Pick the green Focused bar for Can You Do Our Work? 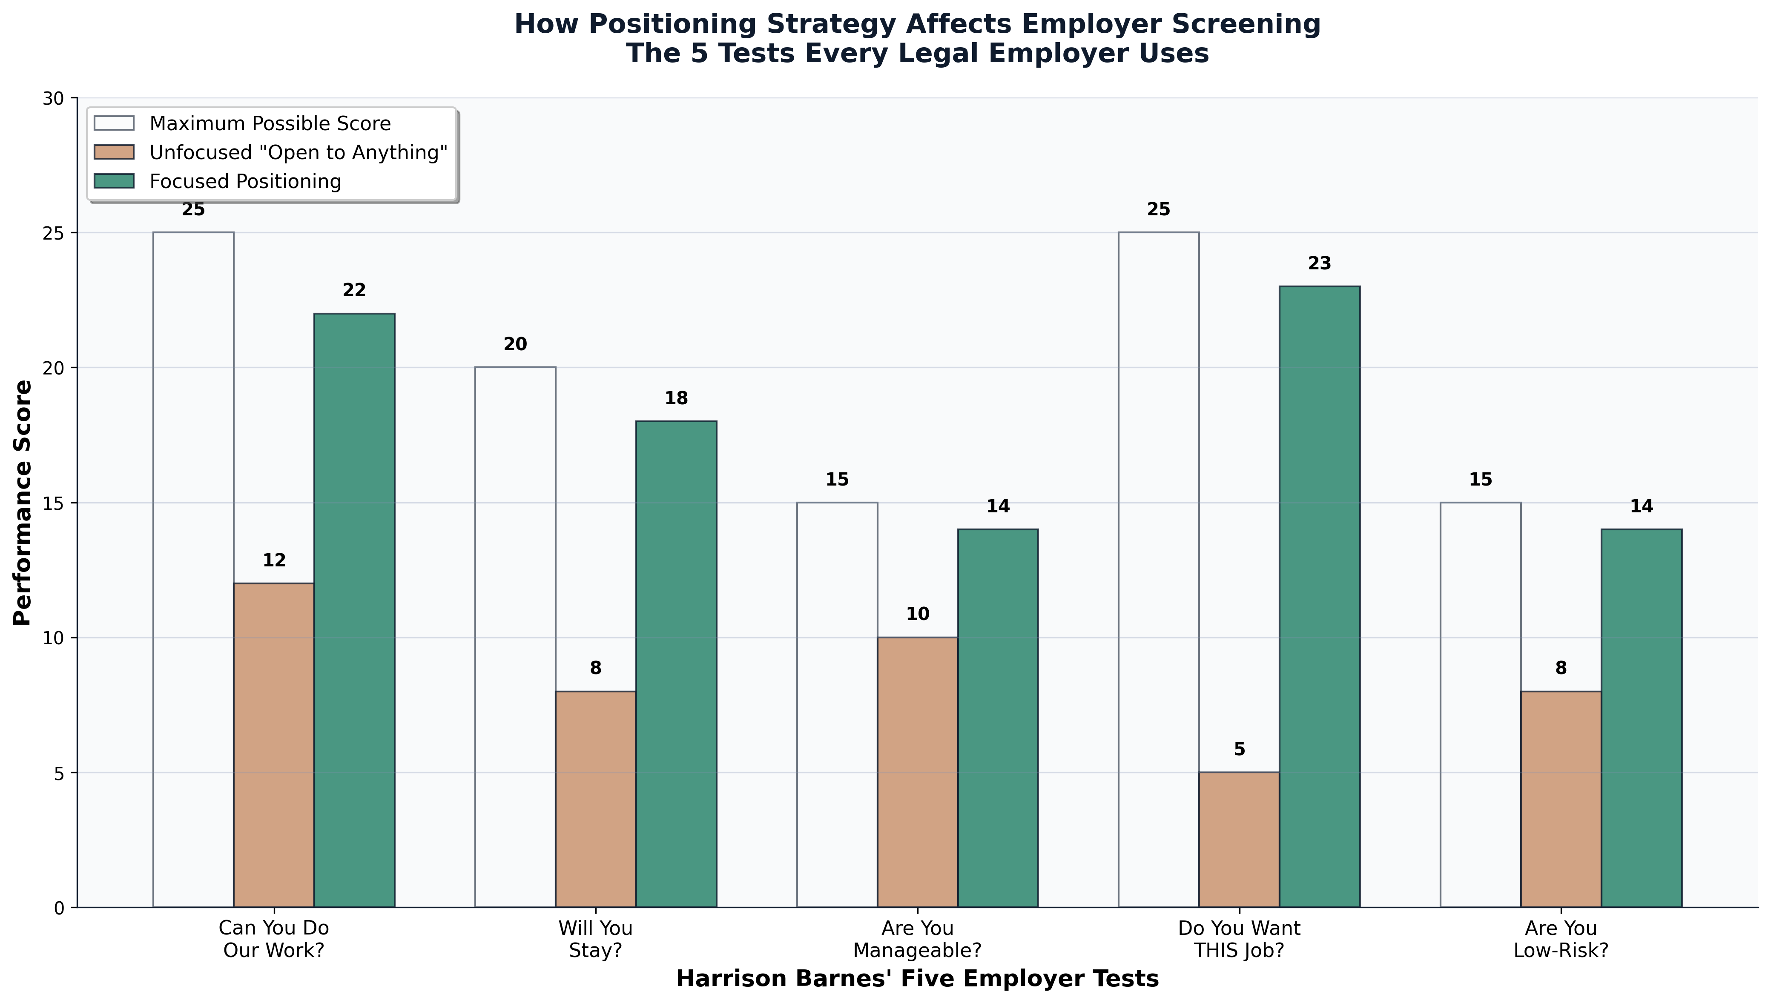354,610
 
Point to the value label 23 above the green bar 1319,264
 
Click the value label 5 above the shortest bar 1239,749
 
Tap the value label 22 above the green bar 354,291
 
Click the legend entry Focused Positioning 245,182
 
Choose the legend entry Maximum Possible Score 270,124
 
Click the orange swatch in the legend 115,152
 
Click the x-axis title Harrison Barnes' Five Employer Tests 917,979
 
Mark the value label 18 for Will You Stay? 676,399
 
